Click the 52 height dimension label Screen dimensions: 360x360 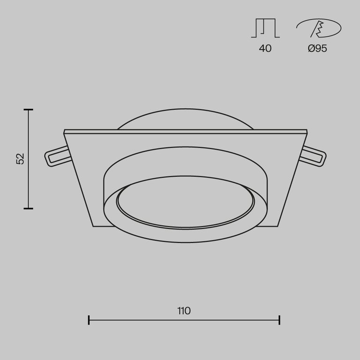pos(20,158)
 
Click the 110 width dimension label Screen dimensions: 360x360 pos(184,310)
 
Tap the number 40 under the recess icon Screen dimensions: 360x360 pos(265,49)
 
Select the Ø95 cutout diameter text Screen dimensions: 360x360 pos(318,49)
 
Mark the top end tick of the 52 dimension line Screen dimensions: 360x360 pos(29,110)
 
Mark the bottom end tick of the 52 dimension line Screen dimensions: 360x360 pos(29,208)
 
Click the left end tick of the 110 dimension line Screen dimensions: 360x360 pos(89,320)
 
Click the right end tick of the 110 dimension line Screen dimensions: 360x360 pos(279,320)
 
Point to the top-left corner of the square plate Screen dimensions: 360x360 pos(64,130)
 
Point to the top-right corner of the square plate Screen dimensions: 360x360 pos(307,130)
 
